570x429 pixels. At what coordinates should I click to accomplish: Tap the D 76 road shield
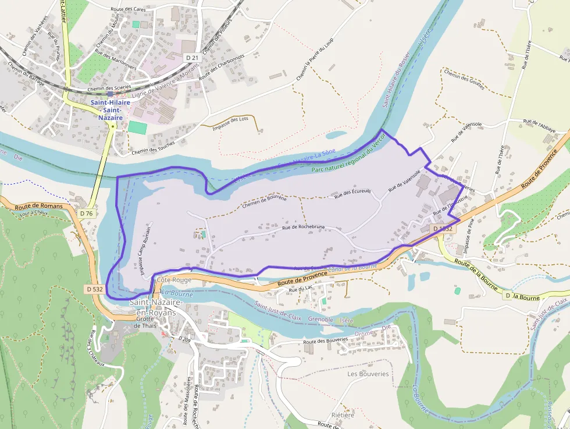[86, 214]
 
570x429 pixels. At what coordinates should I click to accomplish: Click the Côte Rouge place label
[174, 280]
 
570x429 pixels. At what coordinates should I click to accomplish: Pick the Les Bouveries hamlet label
[368, 374]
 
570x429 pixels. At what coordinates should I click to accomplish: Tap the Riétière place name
[342, 415]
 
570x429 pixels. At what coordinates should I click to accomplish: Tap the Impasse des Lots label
[230, 123]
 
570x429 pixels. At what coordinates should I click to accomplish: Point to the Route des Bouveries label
[325, 341]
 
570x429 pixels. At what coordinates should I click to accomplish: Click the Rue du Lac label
[301, 289]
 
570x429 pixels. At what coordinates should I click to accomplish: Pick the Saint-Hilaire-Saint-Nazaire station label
[106, 110]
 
